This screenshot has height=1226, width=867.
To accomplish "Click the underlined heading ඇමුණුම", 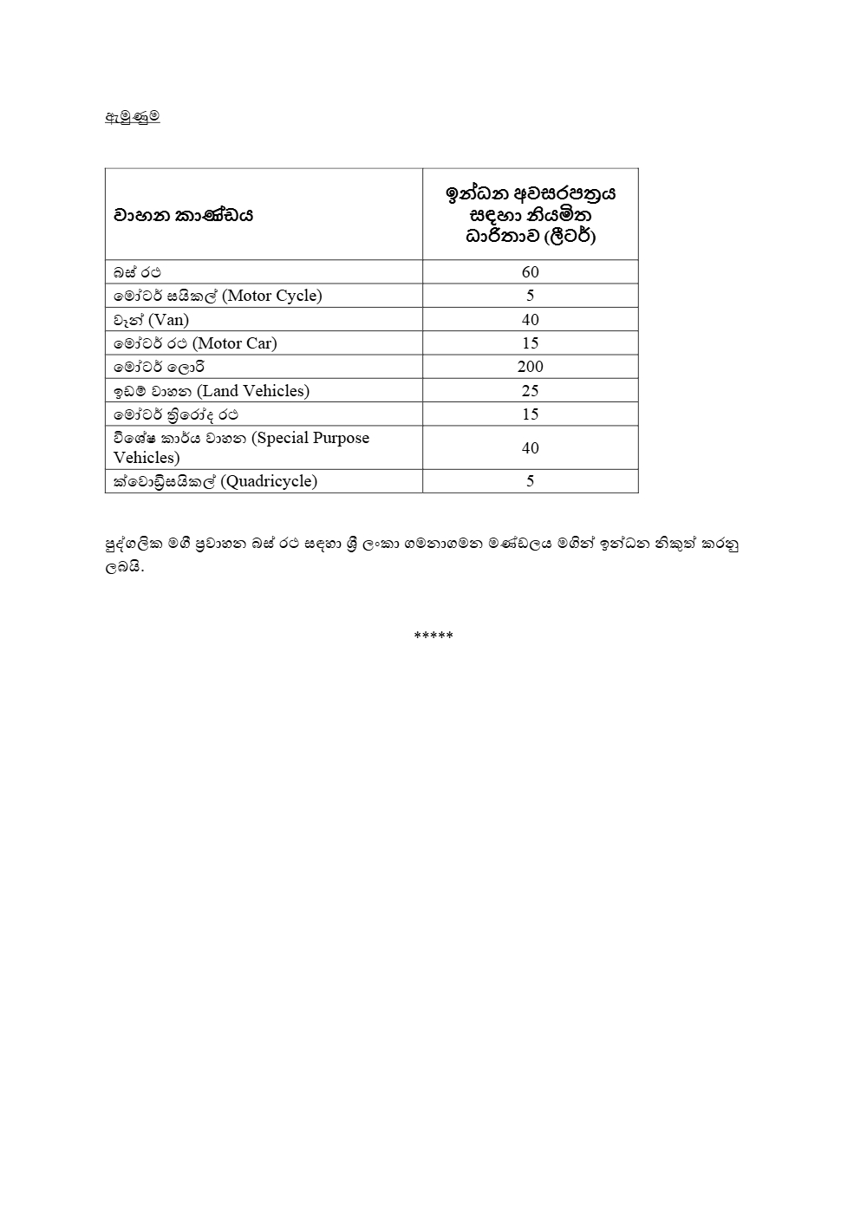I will point(132,116).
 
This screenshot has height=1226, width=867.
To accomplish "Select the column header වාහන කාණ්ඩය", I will point(183,215).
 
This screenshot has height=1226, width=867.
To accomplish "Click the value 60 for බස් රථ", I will point(531,272).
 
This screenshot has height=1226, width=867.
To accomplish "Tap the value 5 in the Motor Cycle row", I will point(531,296).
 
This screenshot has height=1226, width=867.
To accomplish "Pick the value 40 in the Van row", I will point(531,320).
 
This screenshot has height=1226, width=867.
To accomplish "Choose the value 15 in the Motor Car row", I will point(531,343).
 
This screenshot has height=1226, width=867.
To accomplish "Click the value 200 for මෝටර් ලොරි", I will point(531,367).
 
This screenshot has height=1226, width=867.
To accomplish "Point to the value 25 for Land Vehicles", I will point(531,391).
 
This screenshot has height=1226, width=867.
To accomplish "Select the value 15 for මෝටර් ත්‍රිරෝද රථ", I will point(531,414).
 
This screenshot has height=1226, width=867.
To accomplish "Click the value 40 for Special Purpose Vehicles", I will point(531,448).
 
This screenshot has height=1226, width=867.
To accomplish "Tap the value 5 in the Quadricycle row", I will point(531,481).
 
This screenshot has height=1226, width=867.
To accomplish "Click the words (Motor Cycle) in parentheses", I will point(272,296).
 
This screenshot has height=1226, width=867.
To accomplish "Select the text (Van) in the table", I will point(169,320).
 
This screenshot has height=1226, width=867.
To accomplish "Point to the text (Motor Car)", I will point(235,343).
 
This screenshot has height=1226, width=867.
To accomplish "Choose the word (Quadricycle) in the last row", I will point(270,481).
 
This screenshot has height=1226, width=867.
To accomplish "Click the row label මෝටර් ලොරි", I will point(159,367).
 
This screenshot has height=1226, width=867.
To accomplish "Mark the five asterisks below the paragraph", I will point(433,636).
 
